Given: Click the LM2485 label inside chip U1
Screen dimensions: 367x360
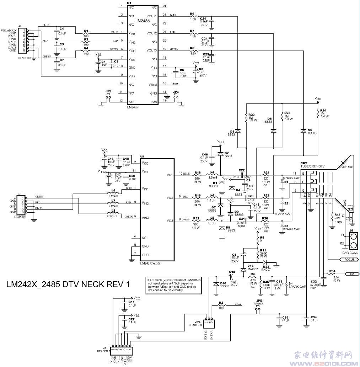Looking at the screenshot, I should click(142, 22).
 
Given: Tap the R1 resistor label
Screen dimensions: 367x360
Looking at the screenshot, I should click(86, 31).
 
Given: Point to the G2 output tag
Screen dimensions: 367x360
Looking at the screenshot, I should click(352, 274).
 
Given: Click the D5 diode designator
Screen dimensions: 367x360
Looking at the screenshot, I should click(269, 118).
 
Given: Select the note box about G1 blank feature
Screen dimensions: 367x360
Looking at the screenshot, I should click(174, 285).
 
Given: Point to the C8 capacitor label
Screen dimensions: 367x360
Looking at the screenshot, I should click(234, 255).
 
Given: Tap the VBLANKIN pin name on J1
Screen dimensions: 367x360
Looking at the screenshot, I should click(9, 31).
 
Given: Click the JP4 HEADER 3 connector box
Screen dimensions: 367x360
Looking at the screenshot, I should click(209, 323).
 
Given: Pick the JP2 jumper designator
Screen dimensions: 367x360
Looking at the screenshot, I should click(108, 91).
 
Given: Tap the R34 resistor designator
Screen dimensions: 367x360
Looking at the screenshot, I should click(332, 271).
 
